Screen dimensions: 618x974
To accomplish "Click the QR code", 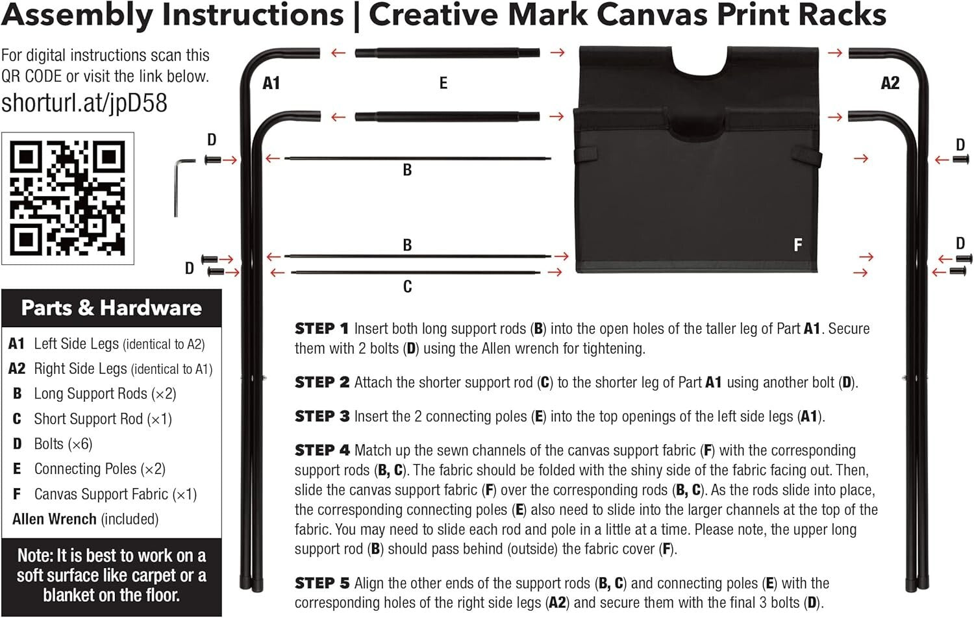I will [x=68, y=199].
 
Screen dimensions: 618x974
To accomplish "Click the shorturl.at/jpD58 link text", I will [x=84, y=103].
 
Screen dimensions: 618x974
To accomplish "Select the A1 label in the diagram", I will [x=271, y=83].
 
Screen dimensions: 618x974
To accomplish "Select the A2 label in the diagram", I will [x=890, y=83].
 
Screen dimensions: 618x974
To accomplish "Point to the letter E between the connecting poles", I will [x=443, y=83].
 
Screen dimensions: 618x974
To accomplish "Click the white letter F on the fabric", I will [x=798, y=245].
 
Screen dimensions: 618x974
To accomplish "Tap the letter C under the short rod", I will [x=407, y=286].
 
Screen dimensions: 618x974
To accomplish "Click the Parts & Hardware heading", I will [x=111, y=308].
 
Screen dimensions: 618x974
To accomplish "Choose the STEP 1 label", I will [x=321, y=328].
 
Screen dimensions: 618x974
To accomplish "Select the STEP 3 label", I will [x=321, y=416].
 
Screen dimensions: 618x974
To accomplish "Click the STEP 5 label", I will [x=321, y=583].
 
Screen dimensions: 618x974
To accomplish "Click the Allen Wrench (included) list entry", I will [x=85, y=519].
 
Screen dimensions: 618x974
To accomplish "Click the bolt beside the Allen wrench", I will [x=212, y=160].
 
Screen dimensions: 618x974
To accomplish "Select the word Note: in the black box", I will [x=36, y=556].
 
